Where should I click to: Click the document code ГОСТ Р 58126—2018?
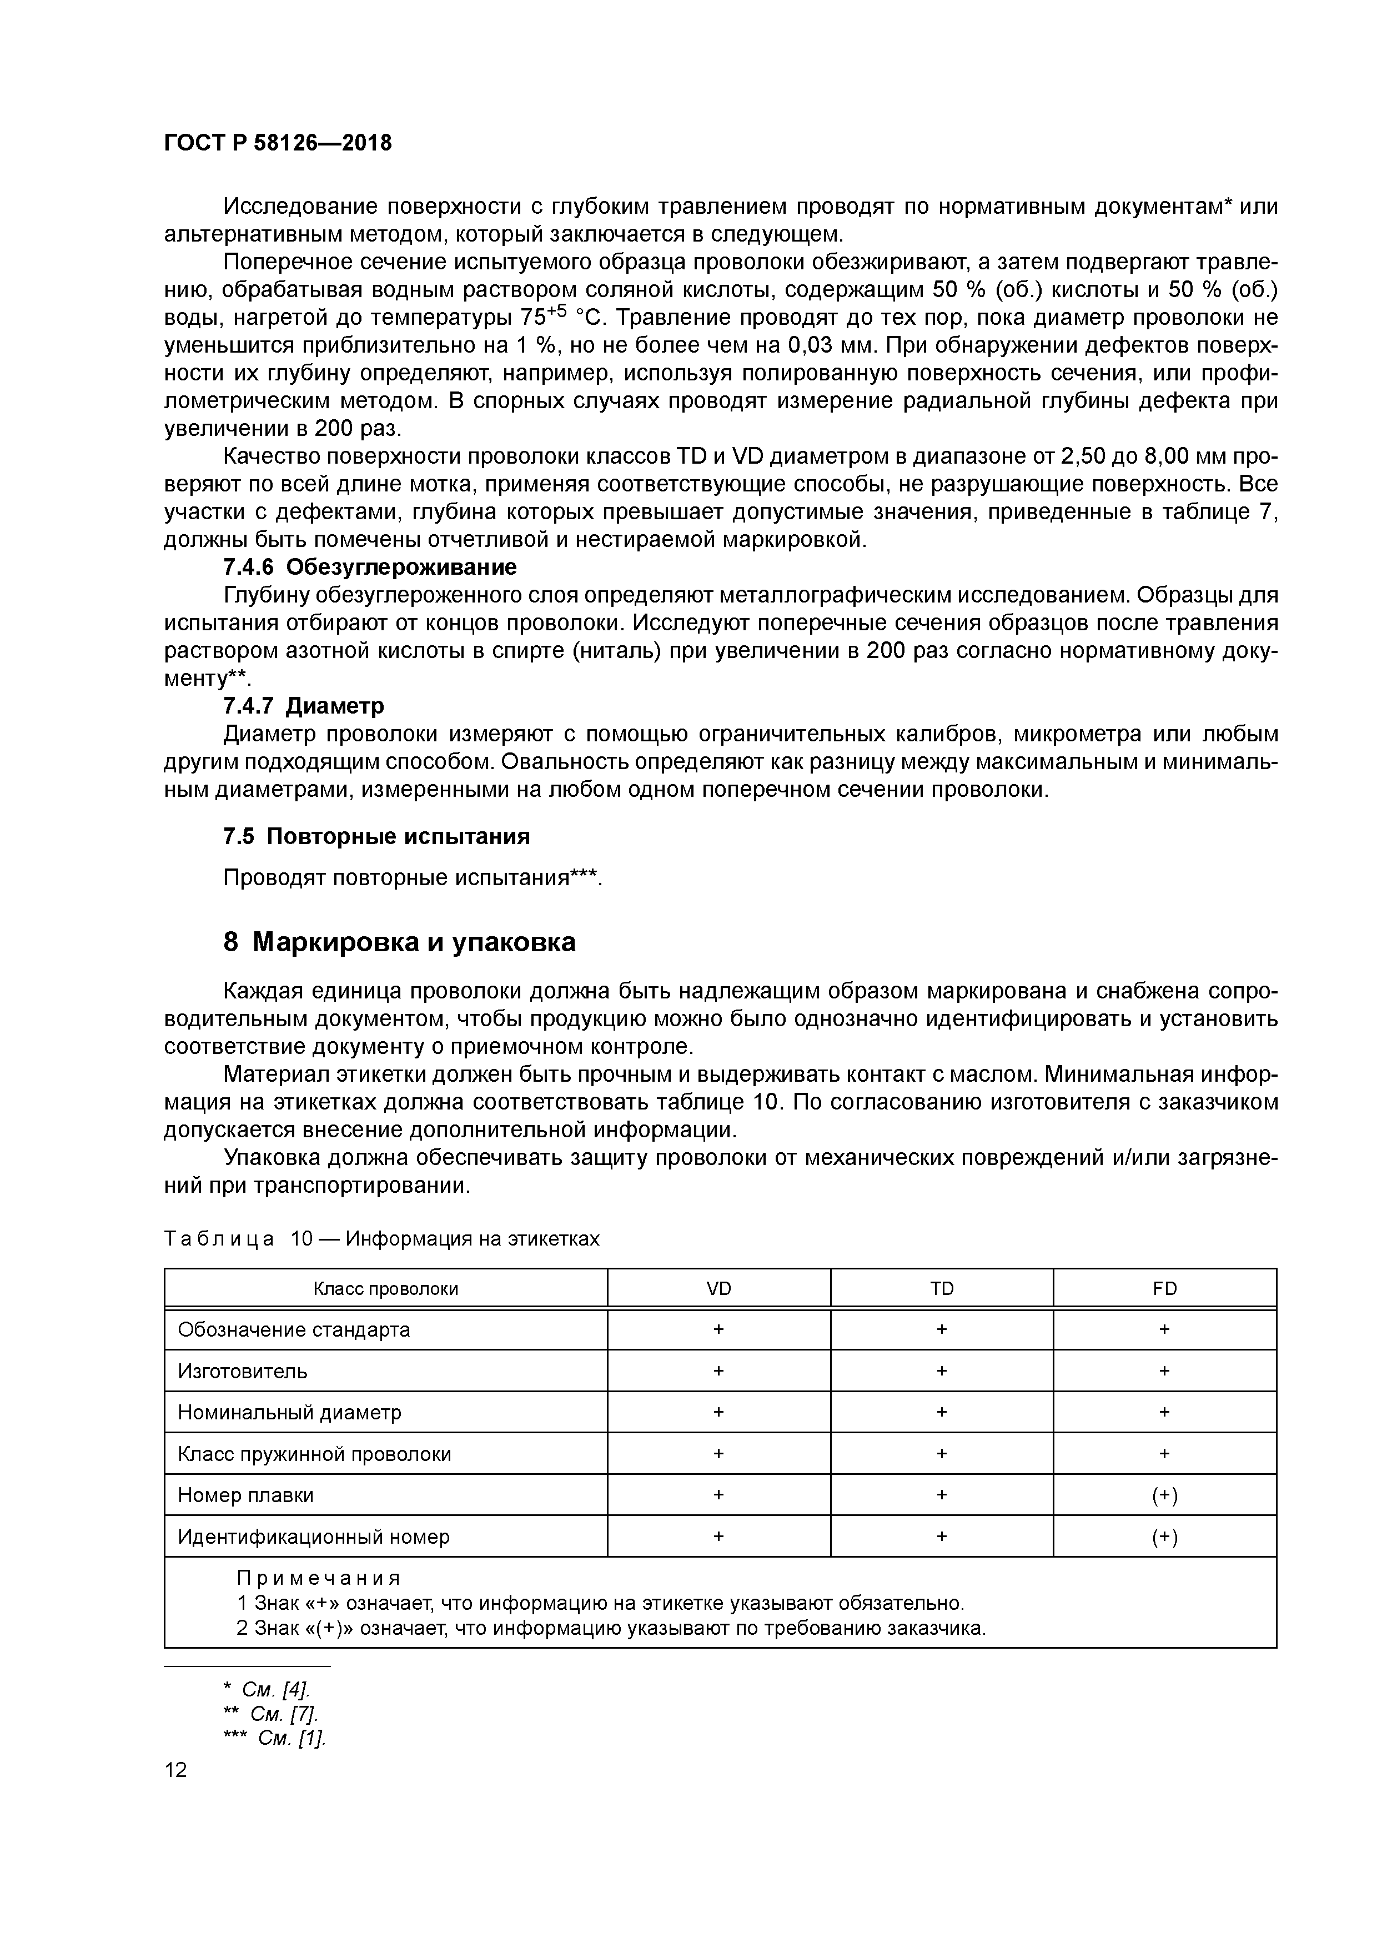tap(278, 143)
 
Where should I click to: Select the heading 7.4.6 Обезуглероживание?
tap(370, 567)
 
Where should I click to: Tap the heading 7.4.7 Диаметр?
tap(304, 706)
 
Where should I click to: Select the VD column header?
tap(718, 1289)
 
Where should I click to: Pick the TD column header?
tap(941, 1289)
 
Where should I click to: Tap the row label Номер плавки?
tap(245, 1495)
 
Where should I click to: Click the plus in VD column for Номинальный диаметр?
tap(718, 1413)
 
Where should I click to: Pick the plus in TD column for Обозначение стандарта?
tap(941, 1329)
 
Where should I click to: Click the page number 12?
tap(175, 1770)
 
